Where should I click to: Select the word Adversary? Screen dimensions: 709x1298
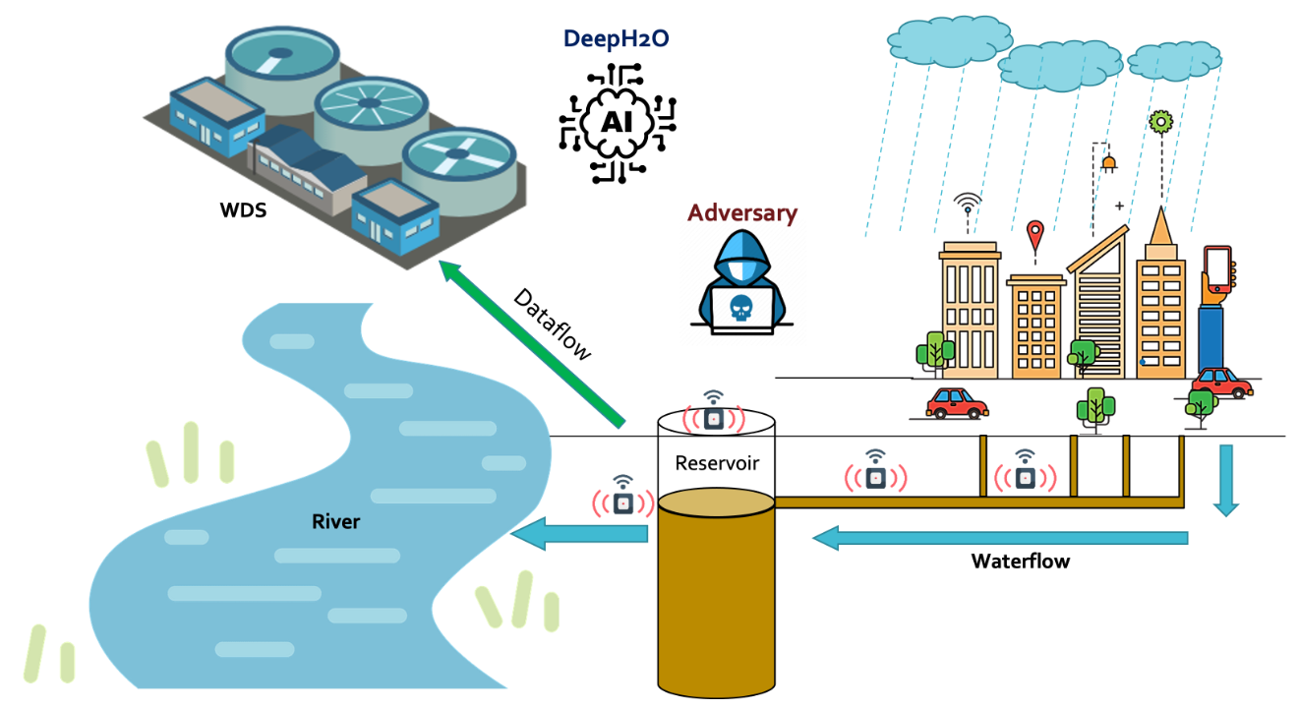tap(741, 212)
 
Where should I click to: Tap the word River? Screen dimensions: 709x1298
tap(335, 521)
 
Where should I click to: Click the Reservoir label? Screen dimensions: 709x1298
tap(716, 462)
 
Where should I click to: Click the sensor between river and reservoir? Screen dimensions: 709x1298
tap(622, 501)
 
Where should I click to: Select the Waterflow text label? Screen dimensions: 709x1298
tap(1020, 561)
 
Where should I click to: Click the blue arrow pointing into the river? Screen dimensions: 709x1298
tap(579, 535)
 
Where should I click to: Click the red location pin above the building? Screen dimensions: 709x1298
tap(1034, 236)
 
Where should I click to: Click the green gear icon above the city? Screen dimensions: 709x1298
tap(1161, 122)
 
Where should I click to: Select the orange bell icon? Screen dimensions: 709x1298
tap(1109, 162)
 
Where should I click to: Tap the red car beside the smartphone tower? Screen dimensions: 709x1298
tap(1221, 382)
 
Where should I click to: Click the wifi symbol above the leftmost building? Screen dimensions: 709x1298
tap(969, 204)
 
